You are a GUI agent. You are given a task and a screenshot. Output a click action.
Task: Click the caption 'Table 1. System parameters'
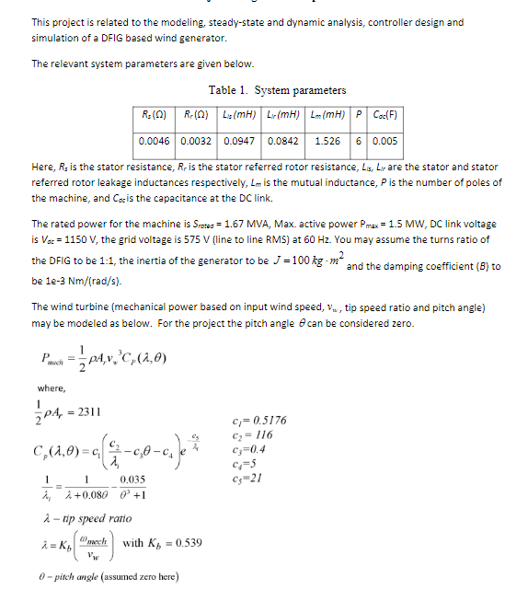point(277,90)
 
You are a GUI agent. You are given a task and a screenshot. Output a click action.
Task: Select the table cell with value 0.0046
point(155,143)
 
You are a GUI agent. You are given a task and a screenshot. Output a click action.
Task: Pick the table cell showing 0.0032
point(198,143)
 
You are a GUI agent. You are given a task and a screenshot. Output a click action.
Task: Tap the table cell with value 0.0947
point(240,143)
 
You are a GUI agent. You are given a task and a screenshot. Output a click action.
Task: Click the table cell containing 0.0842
point(282,143)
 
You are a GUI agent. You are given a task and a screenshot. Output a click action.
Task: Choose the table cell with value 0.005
point(385,143)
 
